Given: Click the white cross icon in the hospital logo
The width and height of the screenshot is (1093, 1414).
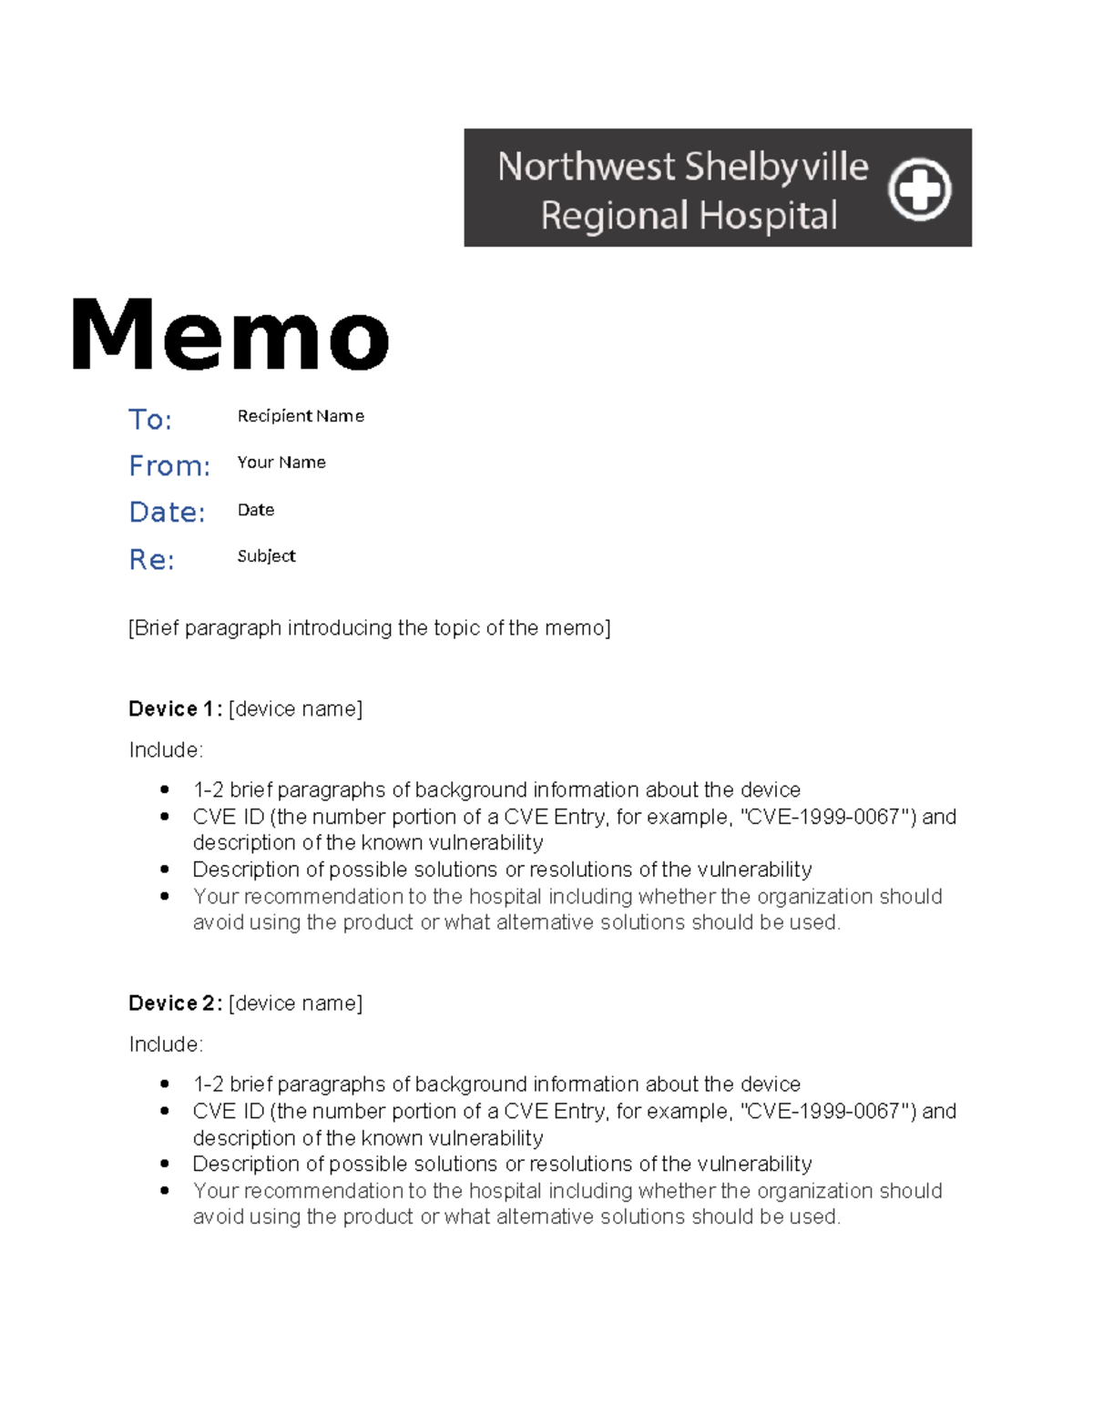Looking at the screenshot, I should pos(919,189).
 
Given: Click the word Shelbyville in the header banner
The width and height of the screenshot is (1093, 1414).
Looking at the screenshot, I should pos(776,167).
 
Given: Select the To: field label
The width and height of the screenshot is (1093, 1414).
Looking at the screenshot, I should pos(150,420).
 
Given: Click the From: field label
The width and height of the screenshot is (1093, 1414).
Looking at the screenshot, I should pos(169,466).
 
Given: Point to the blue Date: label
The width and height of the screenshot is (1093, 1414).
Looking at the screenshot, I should pos(167,513).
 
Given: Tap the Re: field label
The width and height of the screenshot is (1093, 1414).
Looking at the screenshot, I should pos(151,559).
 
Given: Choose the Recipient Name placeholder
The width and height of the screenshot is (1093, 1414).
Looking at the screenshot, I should pos(301,416).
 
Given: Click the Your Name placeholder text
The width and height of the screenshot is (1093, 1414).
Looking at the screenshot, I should pos(281,463).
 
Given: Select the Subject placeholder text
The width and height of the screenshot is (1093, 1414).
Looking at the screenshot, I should pos(266,556).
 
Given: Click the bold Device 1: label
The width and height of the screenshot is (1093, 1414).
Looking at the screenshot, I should pos(175,709).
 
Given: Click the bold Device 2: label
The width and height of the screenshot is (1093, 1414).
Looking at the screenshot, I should pos(175,1003).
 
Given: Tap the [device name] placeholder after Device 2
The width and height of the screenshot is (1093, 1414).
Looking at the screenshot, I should pos(295,1003).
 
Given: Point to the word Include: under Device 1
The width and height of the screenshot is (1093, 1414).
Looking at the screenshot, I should pos(166,750).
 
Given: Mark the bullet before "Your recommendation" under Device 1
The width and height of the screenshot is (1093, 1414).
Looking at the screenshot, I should pos(165,896).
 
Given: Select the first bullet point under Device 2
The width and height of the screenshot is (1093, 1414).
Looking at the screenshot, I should pos(165,1083).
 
